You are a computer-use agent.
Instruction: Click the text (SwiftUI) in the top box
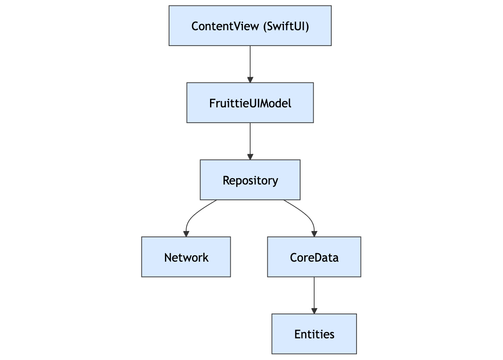coord(286,26)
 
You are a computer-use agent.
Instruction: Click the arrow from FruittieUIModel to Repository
coord(250,140)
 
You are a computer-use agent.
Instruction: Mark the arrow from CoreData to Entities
coord(314,293)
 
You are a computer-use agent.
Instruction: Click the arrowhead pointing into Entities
coord(314,311)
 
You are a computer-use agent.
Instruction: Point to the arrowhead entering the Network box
coord(186,234)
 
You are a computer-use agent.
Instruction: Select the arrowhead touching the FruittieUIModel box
coord(250,79)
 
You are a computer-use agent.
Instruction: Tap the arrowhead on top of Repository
coord(250,157)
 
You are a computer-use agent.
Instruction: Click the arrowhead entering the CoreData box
coord(314,234)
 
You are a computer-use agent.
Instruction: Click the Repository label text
coord(250,180)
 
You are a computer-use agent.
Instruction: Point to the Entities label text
coord(314,334)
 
